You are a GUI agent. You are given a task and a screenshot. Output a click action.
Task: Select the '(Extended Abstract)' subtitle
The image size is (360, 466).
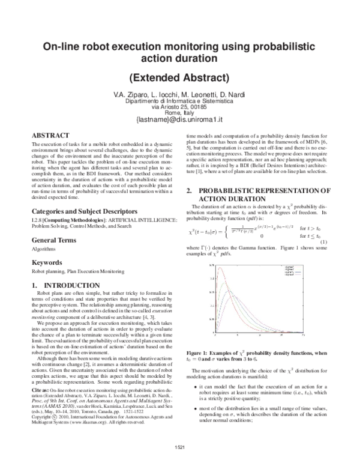pos(180,77)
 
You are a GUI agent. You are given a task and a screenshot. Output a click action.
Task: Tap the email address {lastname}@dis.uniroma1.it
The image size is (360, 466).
pos(180,120)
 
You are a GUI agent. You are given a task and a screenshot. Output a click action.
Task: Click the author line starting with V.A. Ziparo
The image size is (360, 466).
pos(180,94)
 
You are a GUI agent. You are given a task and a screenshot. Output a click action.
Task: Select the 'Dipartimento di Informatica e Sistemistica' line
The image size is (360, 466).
pos(180,101)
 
